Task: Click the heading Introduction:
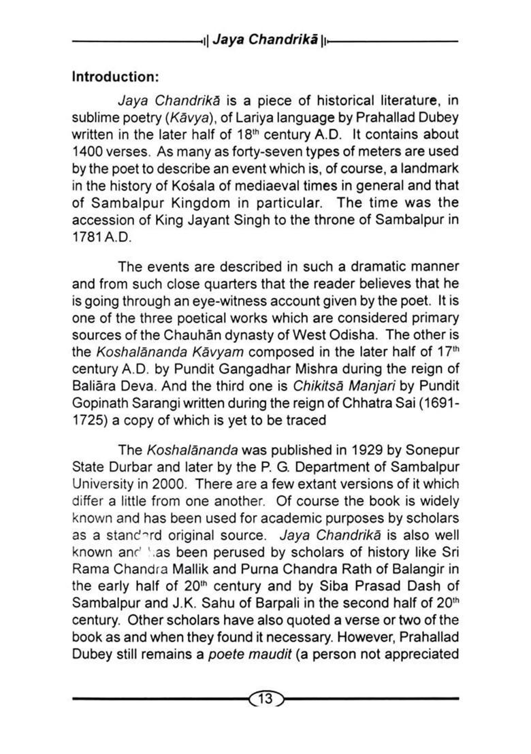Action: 114,77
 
